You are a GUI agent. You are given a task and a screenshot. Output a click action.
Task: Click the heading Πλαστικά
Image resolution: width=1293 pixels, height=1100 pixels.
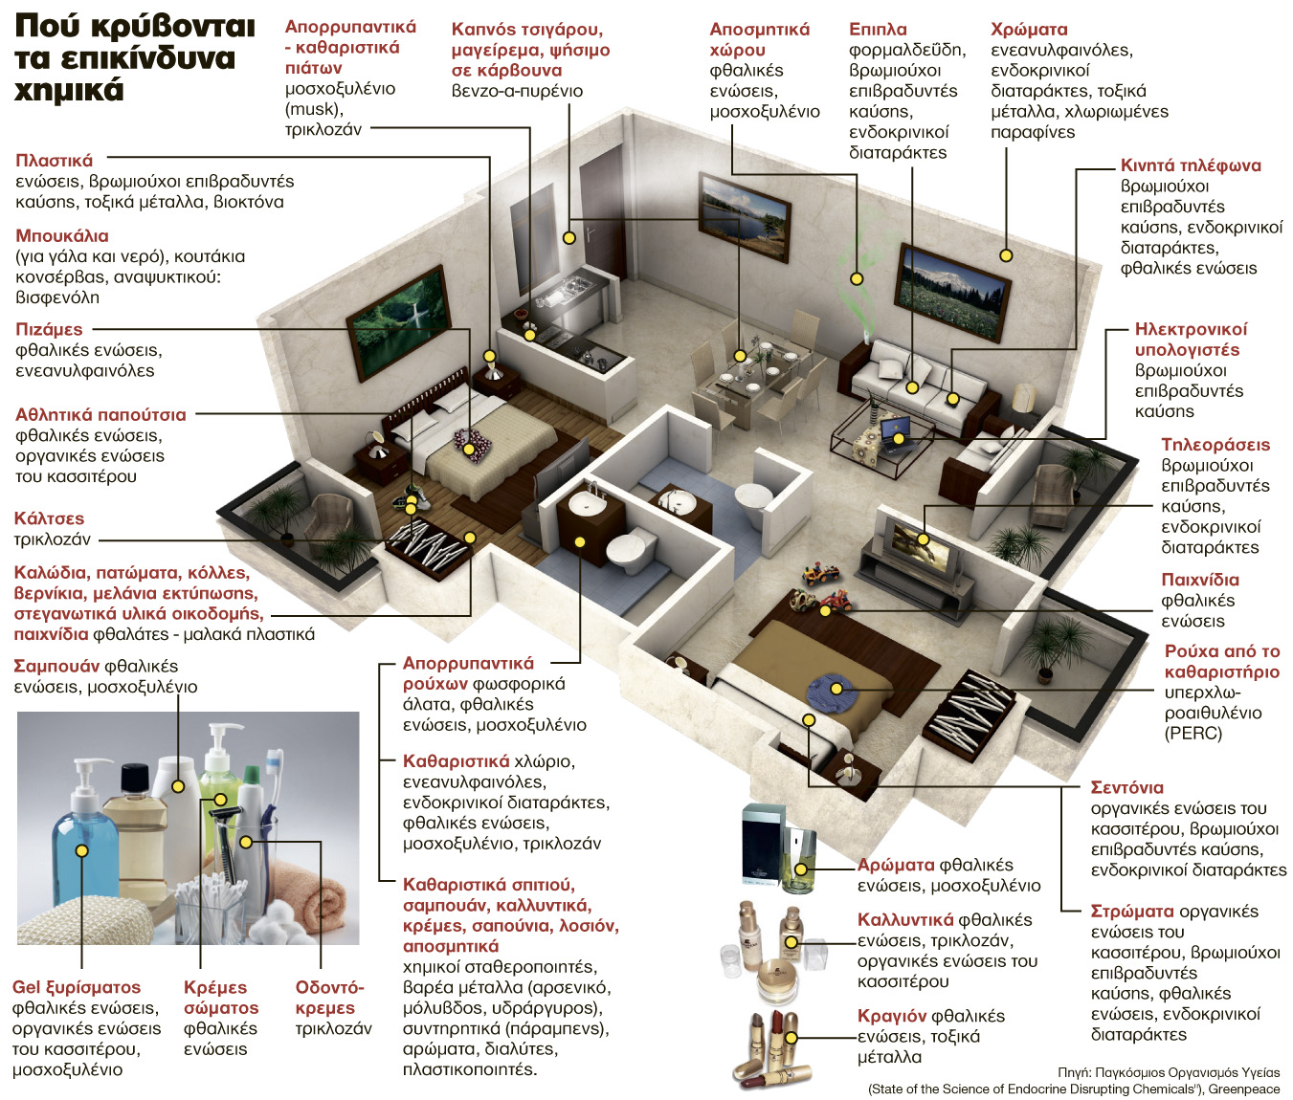[x=55, y=161]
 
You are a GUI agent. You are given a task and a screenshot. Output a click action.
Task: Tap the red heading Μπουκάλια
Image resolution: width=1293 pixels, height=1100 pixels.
[x=62, y=235]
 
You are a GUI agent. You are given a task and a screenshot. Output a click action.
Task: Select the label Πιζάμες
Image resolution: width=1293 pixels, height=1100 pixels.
[x=49, y=329]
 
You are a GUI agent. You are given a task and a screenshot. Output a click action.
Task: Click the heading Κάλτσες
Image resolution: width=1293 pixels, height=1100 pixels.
[x=49, y=518]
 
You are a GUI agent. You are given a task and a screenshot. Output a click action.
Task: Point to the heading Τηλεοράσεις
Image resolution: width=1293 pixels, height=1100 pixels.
[x=1215, y=445]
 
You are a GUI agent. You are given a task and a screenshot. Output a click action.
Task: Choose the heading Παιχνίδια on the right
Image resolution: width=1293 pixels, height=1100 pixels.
[x=1200, y=580]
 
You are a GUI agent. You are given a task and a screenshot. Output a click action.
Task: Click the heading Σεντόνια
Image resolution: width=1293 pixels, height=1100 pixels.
[x=1126, y=787]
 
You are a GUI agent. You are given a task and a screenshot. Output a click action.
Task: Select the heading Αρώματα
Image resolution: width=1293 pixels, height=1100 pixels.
[x=895, y=865]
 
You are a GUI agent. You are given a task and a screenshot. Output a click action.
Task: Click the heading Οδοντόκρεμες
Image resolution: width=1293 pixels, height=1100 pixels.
[x=329, y=998]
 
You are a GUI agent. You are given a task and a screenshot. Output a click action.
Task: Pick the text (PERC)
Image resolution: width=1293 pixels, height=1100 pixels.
[x=1193, y=733]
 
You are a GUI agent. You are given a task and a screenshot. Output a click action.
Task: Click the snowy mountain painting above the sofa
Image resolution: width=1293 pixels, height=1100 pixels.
[x=950, y=292]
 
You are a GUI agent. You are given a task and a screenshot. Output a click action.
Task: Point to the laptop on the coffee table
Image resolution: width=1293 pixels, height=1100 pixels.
[x=897, y=432]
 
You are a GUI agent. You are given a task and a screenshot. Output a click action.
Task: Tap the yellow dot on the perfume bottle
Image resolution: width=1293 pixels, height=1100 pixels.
[x=801, y=869]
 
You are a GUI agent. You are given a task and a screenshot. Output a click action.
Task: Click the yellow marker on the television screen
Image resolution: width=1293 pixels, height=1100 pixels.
[x=924, y=539]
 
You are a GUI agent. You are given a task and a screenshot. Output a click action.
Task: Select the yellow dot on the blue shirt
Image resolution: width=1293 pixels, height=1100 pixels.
[x=836, y=689]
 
